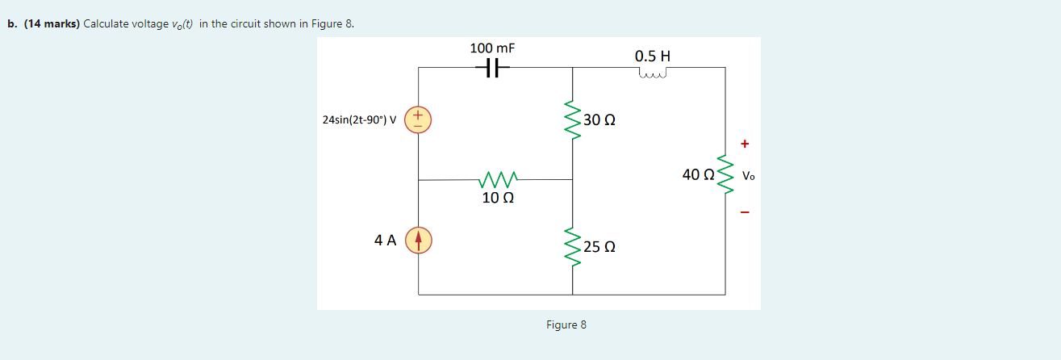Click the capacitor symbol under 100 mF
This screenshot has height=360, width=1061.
click(x=492, y=69)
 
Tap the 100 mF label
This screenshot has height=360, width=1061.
click(x=492, y=48)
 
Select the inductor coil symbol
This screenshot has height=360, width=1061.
click(x=653, y=74)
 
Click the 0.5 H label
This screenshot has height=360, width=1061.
click(x=653, y=57)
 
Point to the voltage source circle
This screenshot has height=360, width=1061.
click(x=418, y=119)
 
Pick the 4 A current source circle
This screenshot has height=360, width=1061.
click(x=418, y=240)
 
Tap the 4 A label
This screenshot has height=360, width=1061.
click(x=385, y=240)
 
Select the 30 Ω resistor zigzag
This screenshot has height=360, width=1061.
click(x=573, y=119)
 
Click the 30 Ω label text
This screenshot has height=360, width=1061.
click(x=599, y=120)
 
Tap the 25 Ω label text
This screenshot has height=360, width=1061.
click(x=599, y=247)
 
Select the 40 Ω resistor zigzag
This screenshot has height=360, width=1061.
click(x=725, y=175)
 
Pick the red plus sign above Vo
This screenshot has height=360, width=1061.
click(x=745, y=144)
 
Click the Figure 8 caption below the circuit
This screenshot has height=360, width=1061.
click(x=566, y=324)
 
